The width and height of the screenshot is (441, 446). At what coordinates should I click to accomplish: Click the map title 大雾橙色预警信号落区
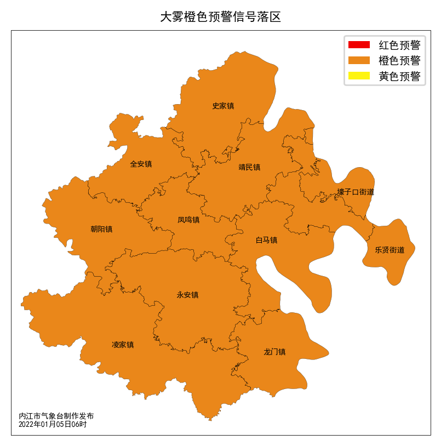(x=220, y=17)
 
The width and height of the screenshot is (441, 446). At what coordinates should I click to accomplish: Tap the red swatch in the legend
(x=359, y=44)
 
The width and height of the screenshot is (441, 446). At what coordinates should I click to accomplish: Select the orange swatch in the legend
(x=359, y=60)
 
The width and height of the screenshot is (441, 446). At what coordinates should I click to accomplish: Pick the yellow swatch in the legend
(x=359, y=76)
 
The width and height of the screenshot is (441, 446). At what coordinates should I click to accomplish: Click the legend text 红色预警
(x=399, y=45)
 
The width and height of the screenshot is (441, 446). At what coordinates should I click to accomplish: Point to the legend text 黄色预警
(x=399, y=76)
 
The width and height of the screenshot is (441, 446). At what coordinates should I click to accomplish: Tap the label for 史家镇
(x=223, y=106)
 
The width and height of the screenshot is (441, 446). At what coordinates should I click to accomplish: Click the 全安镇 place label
(x=141, y=164)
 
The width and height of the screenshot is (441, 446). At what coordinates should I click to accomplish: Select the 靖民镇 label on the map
(x=249, y=167)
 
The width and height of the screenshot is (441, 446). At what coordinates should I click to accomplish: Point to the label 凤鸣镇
(x=188, y=220)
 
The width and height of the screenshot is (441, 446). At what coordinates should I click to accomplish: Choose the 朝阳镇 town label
(x=101, y=229)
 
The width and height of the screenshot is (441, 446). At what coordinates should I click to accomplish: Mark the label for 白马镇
(x=266, y=240)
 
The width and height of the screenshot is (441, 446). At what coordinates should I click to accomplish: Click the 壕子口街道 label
(x=356, y=192)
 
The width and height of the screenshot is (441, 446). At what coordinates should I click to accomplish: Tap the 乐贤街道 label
(x=390, y=250)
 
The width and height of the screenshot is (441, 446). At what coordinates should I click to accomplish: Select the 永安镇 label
(x=187, y=295)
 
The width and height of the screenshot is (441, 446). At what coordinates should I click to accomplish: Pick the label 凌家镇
(x=123, y=345)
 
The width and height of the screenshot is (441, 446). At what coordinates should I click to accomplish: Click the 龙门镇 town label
(x=274, y=352)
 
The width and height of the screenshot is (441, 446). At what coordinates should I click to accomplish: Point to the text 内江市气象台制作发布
(x=56, y=416)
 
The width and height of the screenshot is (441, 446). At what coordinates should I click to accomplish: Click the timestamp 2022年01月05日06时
(x=53, y=424)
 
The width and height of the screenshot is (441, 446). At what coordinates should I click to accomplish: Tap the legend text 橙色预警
(x=399, y=60)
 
